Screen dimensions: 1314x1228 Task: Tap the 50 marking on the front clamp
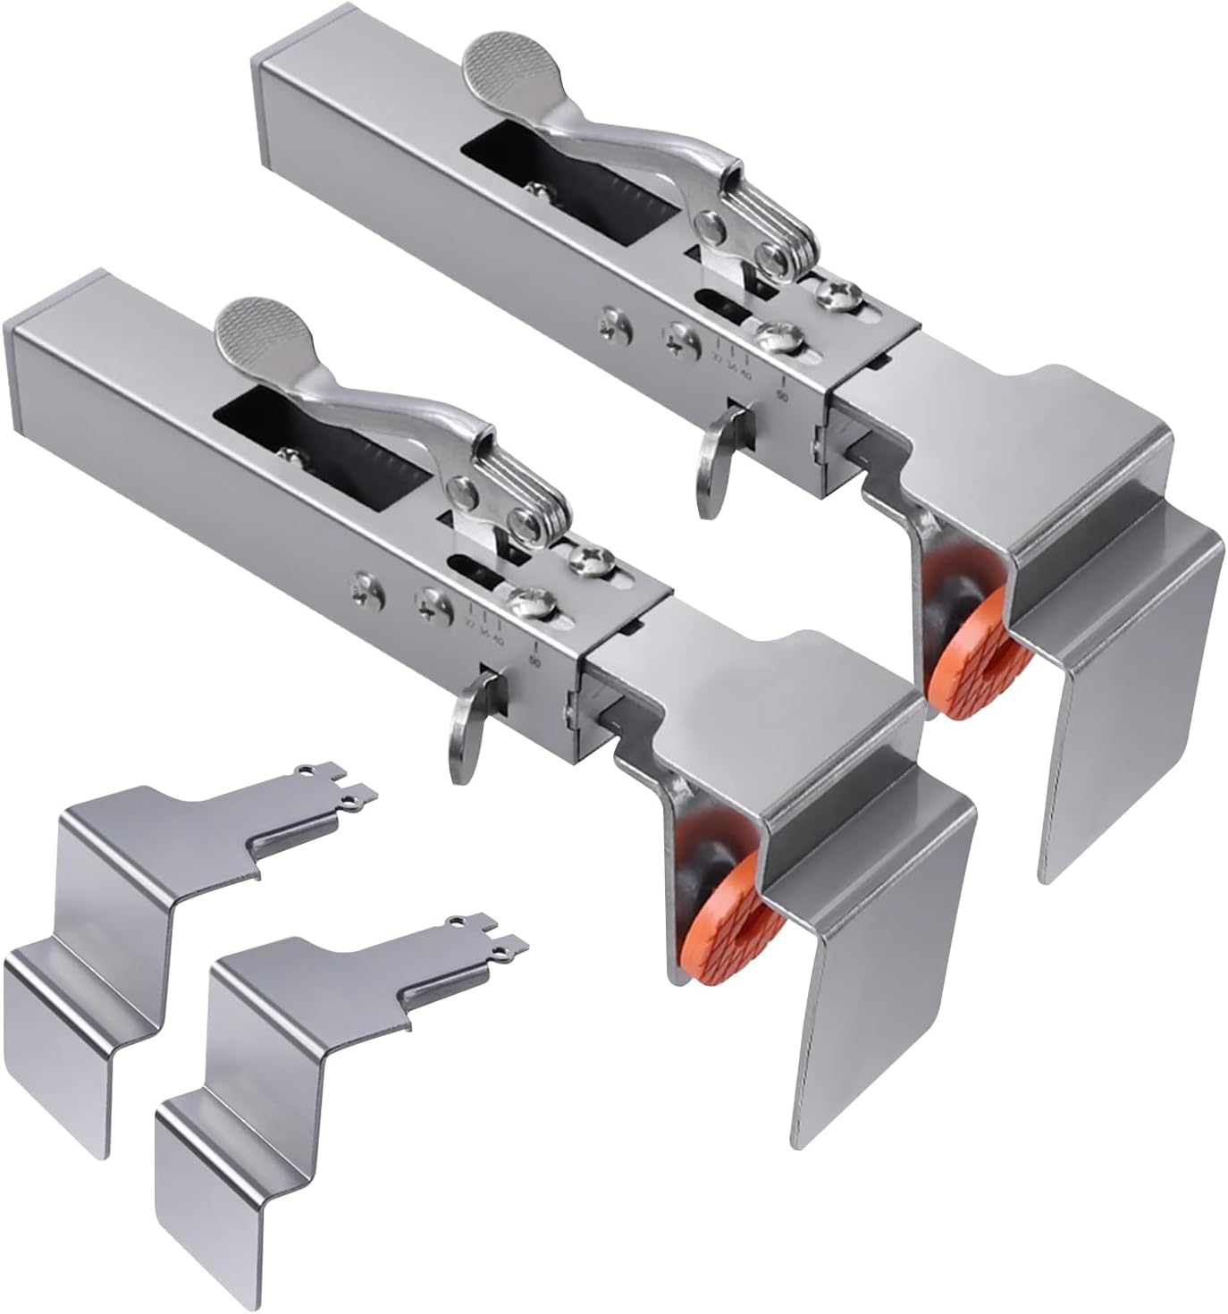click(x=534, y=661)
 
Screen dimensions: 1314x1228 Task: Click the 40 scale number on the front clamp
click(x=497, y=638)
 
